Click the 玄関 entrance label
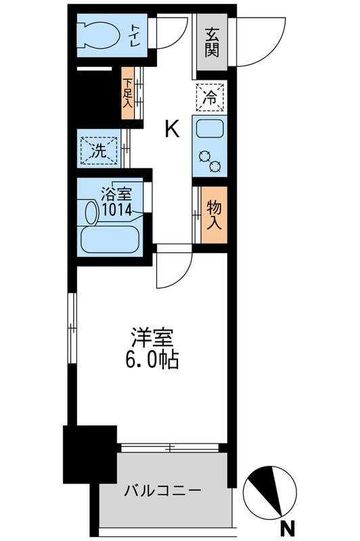pos(212,43)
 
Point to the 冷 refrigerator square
pos(211,97)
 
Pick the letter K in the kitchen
pos(173,128)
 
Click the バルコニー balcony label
pos(162,490)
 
